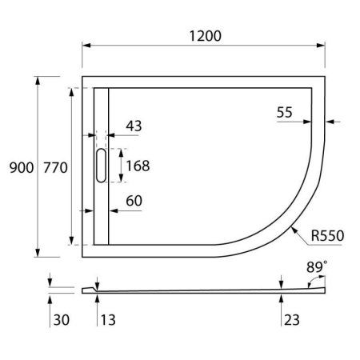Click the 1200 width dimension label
click(203, 36)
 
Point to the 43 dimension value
click(134, 126)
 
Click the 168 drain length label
click(138, 166)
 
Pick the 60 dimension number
click(134, 201)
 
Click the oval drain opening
click(100, 166)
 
